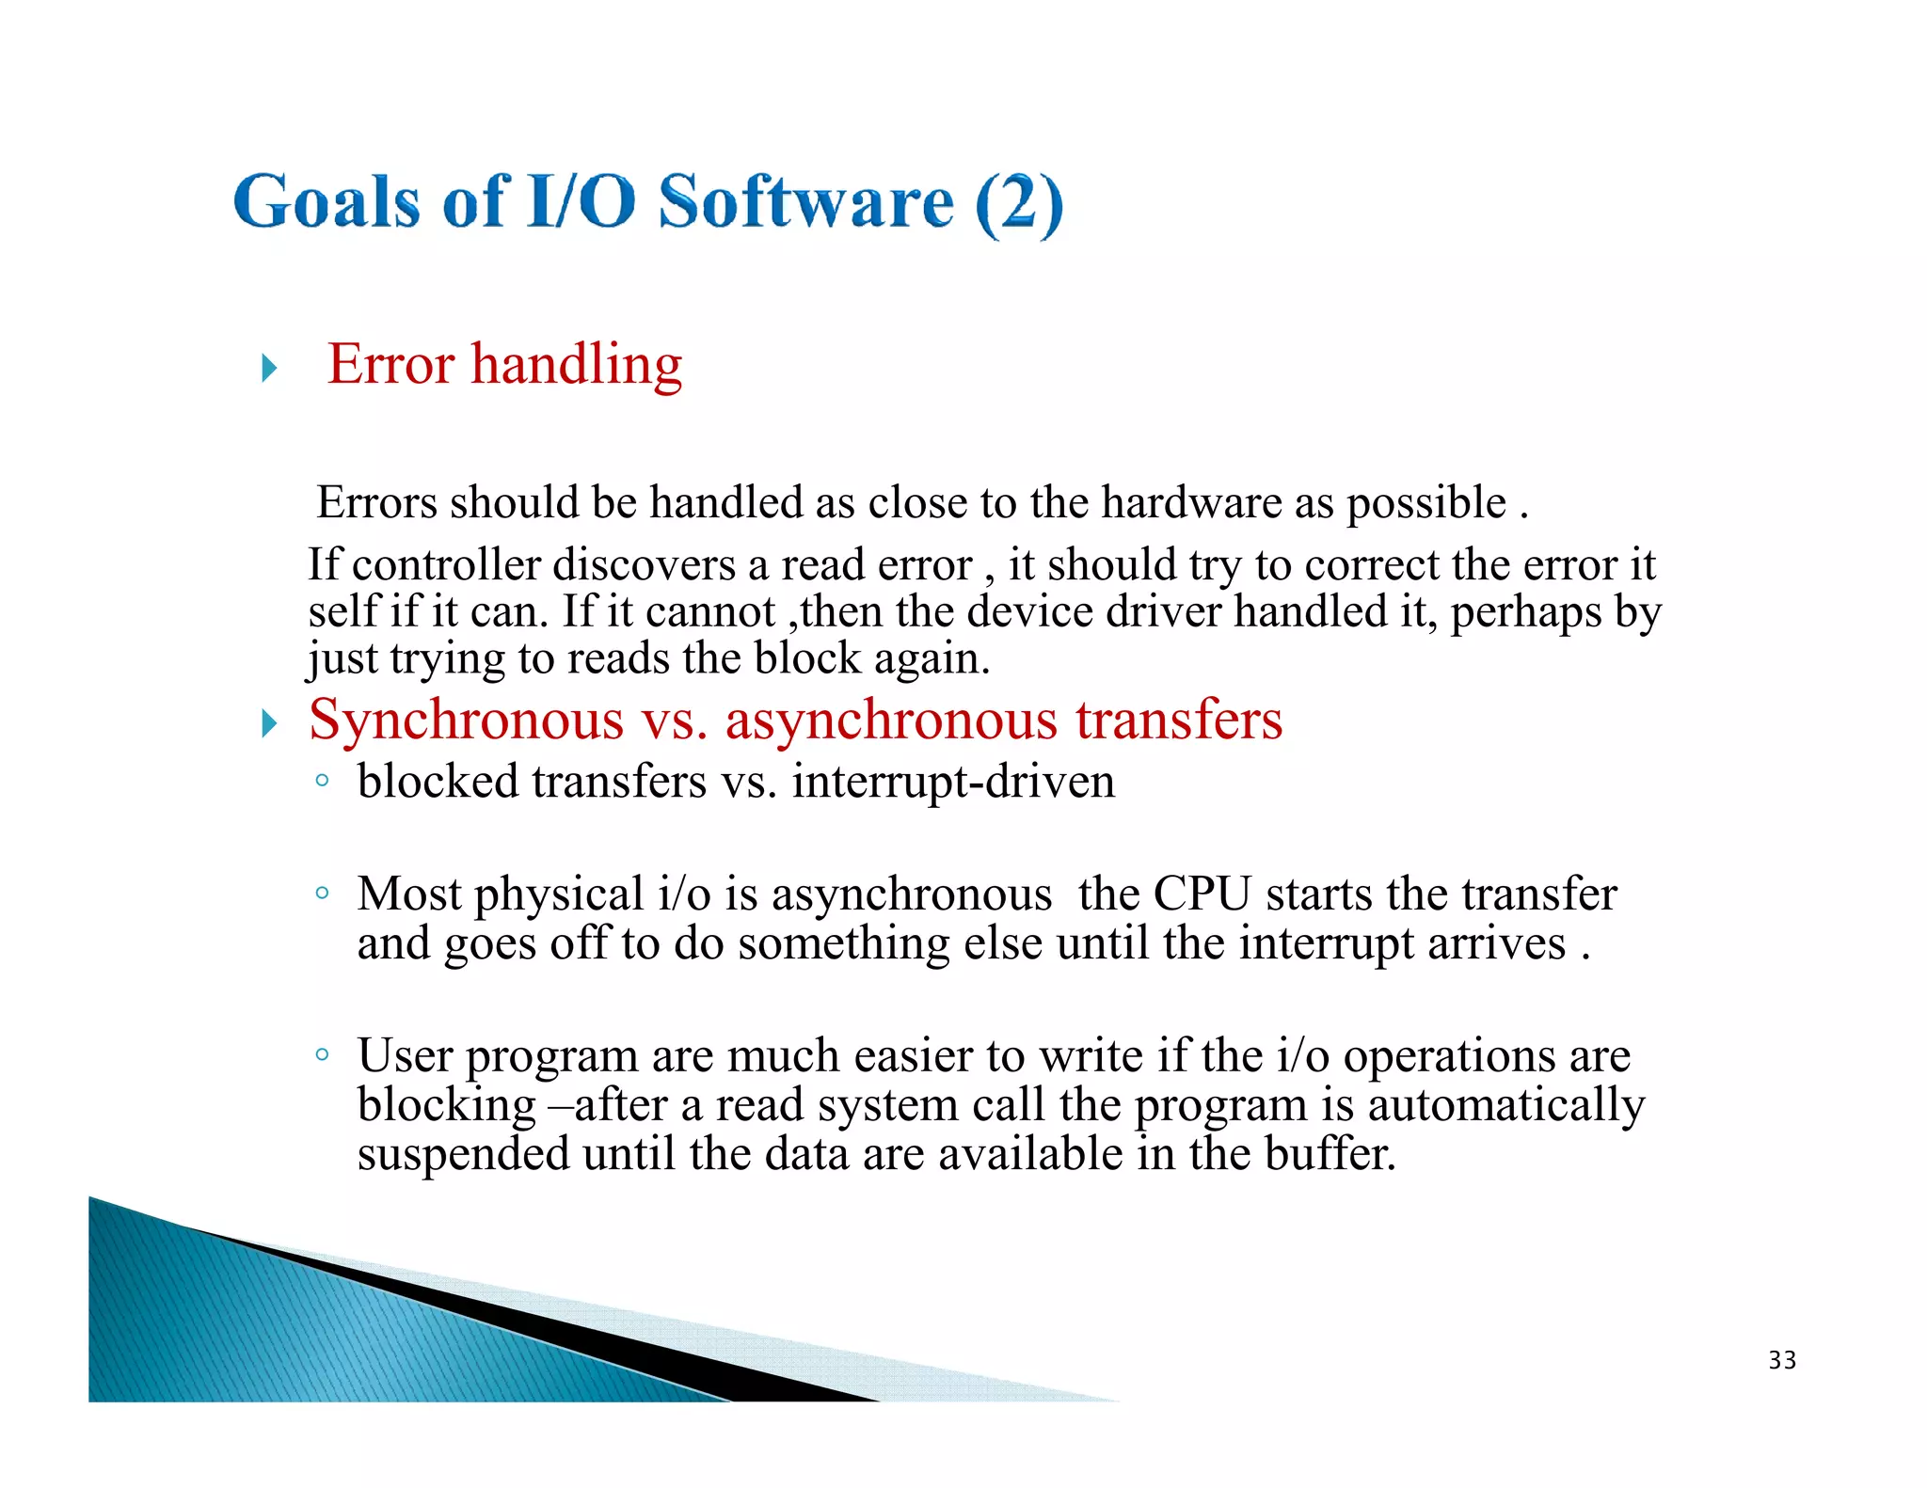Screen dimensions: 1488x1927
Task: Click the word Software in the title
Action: [x=805, y=202]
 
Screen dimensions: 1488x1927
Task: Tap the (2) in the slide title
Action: [x=1018, y=204]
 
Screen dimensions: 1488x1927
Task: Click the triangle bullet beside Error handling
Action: [x=270, y=368]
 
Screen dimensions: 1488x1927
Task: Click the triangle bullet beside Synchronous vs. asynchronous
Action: [x=270, y=723]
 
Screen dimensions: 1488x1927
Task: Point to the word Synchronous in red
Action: [x=467, y=720]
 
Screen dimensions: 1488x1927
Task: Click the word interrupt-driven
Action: [x=952, y=782]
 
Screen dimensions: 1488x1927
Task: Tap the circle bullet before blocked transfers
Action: [x=323, y=780]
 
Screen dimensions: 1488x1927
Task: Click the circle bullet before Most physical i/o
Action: [x=323, y=893]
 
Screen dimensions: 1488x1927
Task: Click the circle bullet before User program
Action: [x=323, y=1054]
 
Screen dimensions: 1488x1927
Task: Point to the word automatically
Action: [x=1505, y=1105]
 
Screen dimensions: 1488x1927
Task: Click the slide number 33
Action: [x=1782, y=1360]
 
